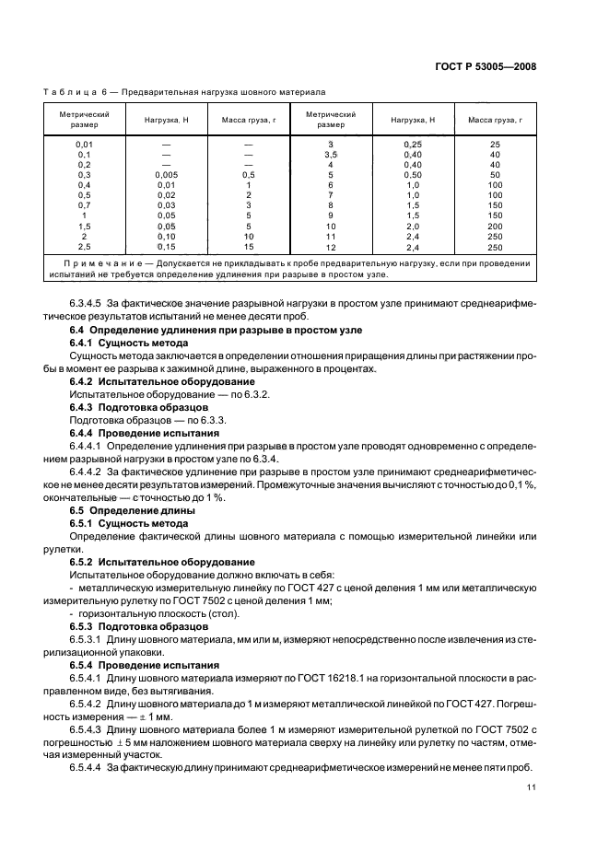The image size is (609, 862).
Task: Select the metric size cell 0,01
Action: (85, 145)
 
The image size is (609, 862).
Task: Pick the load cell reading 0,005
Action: (167, 175)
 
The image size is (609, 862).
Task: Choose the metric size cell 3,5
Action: (330, 155)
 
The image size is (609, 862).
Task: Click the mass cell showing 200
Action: (495, 227)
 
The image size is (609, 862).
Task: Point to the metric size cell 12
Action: (330, 247)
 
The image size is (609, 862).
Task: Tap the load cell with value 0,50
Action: (412, 175)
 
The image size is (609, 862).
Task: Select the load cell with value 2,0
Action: (412, 227)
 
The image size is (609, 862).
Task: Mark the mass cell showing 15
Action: (249, 247)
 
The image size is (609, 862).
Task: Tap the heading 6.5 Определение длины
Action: (132, 509)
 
